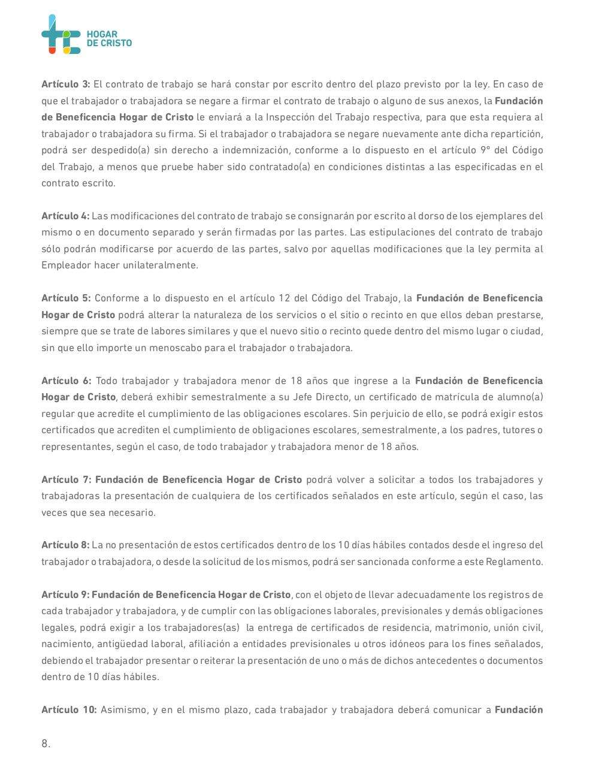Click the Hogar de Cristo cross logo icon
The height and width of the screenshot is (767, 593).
60,34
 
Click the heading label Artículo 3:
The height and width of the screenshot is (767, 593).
66,84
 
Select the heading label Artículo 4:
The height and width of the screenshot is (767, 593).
65,216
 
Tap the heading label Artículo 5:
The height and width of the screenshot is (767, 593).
66,298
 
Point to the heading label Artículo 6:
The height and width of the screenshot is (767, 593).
66,381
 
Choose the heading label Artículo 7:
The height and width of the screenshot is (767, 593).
66,480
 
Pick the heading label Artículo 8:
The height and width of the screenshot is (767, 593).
65,545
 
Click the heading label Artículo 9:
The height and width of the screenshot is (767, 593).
65,595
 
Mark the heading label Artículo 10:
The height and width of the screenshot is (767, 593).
69,710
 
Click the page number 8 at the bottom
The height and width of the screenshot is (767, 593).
46,744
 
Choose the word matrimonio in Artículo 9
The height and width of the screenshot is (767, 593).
459,628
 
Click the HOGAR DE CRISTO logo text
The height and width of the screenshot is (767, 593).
109,39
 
